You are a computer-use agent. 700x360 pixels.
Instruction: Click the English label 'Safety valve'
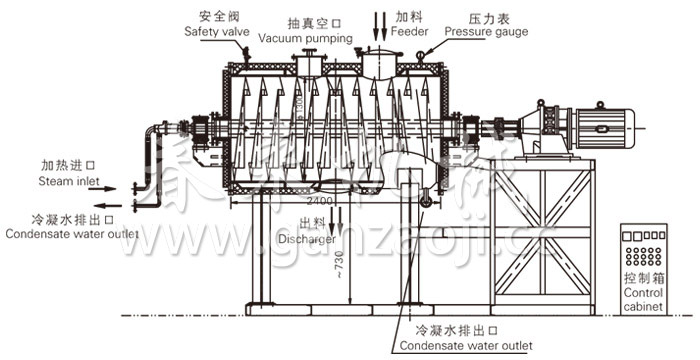(x=217, y=32)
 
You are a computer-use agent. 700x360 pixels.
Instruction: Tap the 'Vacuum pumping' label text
(x=305, y=38)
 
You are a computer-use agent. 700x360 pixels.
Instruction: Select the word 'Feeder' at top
(x=412, y=31)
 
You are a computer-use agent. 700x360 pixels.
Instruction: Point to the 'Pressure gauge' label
(x=487, y=32)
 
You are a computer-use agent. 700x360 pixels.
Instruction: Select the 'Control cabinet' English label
(x=643, y=301)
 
